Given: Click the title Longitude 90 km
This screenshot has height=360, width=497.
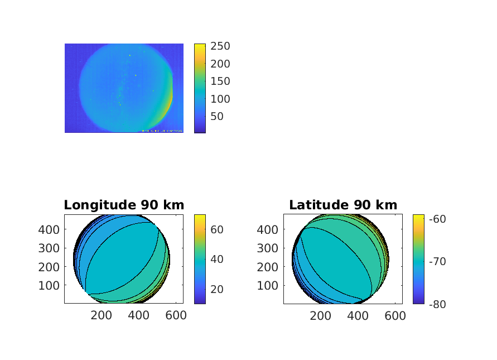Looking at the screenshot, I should (124, 205).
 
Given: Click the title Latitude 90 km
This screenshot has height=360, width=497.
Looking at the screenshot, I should (343, 205).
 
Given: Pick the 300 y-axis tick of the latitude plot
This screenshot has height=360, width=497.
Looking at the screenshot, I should (269, 248).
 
